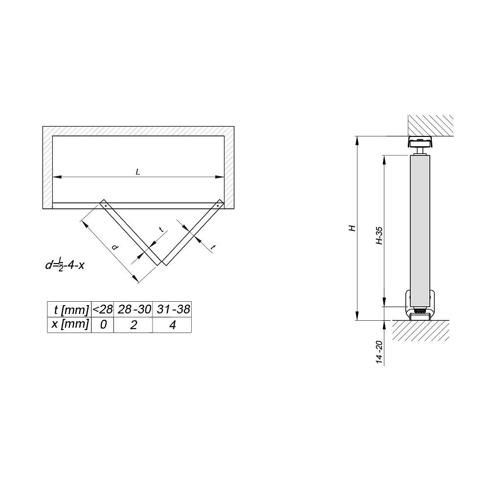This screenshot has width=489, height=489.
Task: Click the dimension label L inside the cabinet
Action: pyautogui.click(x=138, y=172)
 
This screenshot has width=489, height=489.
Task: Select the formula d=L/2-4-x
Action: pyautogui.click(x=65, y=266)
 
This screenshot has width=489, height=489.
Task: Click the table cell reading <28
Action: pyautogui.click(x=103, y=310)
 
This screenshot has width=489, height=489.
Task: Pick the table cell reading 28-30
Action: pyautogui.click(x=133, y=310)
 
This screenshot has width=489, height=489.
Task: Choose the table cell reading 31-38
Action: pyautogui.click(x=172, y=310)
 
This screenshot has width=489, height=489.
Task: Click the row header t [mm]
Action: pyautogui.click(x=69, y=310)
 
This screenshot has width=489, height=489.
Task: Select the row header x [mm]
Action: pyautogui.click(x=69, y=324)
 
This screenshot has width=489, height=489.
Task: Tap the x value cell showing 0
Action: pyautogui.click(x=103, y=325)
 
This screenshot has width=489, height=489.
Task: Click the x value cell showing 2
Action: pyautogui.click(x=133, y=325)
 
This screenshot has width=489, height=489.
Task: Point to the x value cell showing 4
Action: pyautogui.click(x=172, y=325)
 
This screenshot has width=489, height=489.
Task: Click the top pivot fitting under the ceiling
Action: pyautogui.click(x=420, y=143)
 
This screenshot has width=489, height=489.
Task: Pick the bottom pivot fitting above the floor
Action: pyautogui.click(x=420, y=307)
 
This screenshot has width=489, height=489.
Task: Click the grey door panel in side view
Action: pyautogui.click(x=420, y=225)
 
